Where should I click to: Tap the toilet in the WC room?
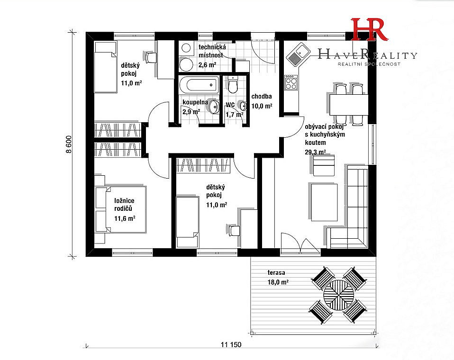coord(232,84)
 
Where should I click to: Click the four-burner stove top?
coord(291,82)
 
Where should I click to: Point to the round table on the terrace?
coord(338,294)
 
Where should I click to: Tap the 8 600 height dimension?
coord(69,144)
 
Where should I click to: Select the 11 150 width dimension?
coord(231,344)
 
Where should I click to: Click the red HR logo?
coord(369,29)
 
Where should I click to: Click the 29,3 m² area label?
coord(315,152)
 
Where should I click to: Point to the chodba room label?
coord(262,96)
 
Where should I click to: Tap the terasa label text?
coord(276,272)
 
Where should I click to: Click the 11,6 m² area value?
coord(125,218)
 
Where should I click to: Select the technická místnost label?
coord(212,51)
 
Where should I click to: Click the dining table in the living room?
coord(349,105)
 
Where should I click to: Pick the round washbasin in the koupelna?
coord(214,106)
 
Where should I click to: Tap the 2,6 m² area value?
coord(207,65)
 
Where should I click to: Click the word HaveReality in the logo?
coord(367,54)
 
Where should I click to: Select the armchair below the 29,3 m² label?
coord(324,165)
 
